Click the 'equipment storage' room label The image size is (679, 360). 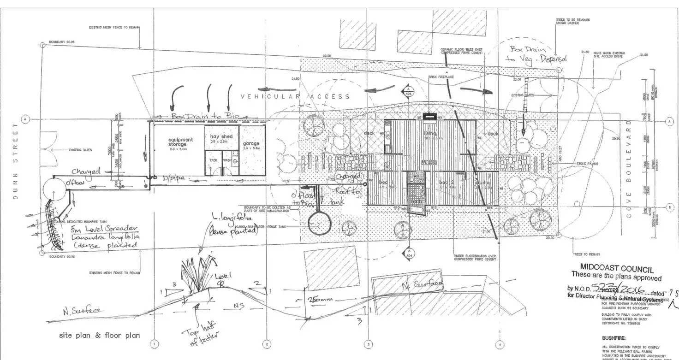[180, 142]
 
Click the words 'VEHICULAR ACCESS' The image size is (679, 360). [296, 96]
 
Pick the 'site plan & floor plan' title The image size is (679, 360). [99, 335]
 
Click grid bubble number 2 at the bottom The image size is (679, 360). [266, 344]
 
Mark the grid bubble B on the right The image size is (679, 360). [669, 207]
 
